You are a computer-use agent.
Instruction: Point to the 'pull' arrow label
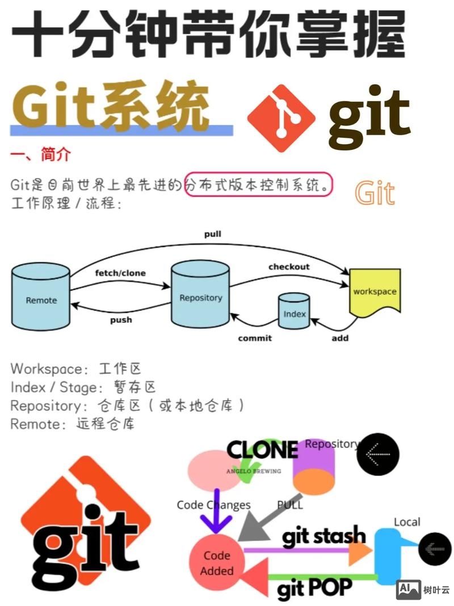213,234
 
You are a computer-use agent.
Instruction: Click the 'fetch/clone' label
120,273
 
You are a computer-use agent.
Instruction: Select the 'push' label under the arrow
121,320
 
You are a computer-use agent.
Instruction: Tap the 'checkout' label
289,266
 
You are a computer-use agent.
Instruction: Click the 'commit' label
255,338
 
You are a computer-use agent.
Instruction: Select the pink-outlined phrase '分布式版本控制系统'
258,185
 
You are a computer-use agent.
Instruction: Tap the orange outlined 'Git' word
375,193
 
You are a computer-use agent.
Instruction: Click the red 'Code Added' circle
217,562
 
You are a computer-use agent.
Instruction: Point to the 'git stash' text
324,536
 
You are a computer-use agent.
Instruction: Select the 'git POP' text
314,587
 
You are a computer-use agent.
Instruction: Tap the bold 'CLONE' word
262,450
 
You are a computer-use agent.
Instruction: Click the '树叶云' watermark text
436,590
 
